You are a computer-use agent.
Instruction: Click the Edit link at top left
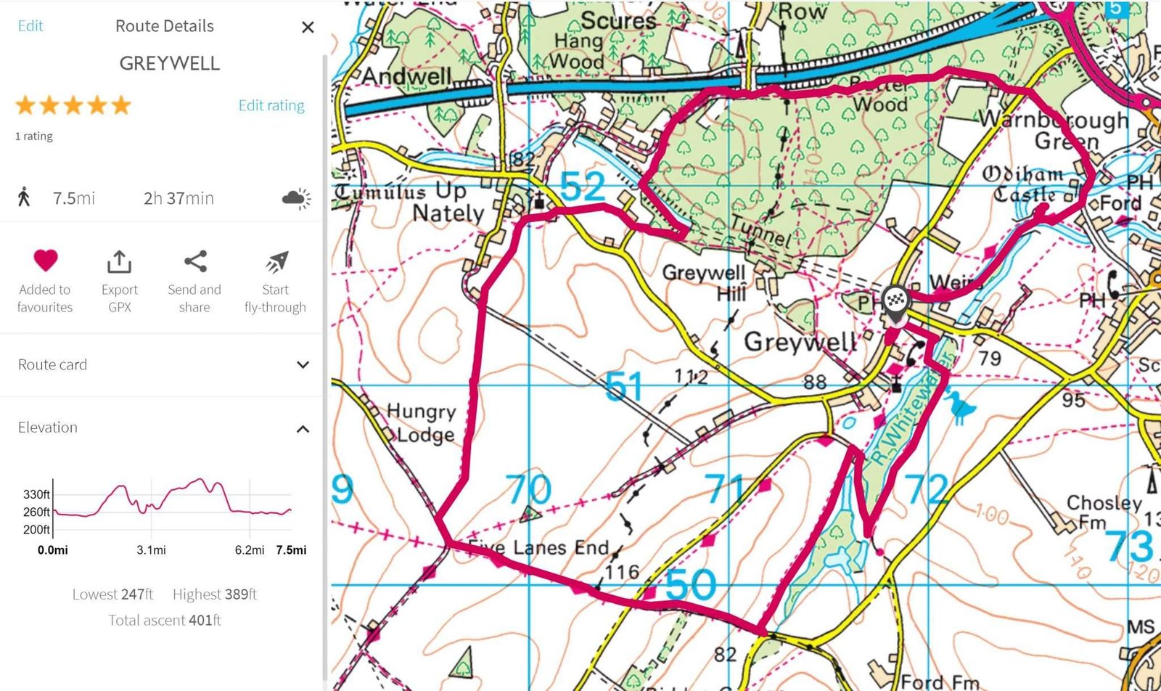click(x=30, y=26)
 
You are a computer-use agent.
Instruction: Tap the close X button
click(x=308, y=28)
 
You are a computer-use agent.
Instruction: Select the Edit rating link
click(x=271, y=105)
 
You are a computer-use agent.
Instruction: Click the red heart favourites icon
click(x=45, y=261)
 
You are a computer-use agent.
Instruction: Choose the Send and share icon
click(x=194, y=261)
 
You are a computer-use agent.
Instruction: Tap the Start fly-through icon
click(x=276, y=261)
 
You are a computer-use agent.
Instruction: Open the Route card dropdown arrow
click(x=303, y=364)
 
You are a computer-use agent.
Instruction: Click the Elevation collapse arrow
click(x=303, y=428)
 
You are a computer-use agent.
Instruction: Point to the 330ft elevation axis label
click(x=36, y=494)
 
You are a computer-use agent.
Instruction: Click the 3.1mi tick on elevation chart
click(x=151, y=549)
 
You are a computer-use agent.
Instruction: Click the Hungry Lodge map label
click(x=422, y=422)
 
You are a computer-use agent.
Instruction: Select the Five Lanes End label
click(x=539, y=547)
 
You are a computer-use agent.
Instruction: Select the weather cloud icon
click(x=296, y=198)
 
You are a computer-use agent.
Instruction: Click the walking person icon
click(x=24, y=197)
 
